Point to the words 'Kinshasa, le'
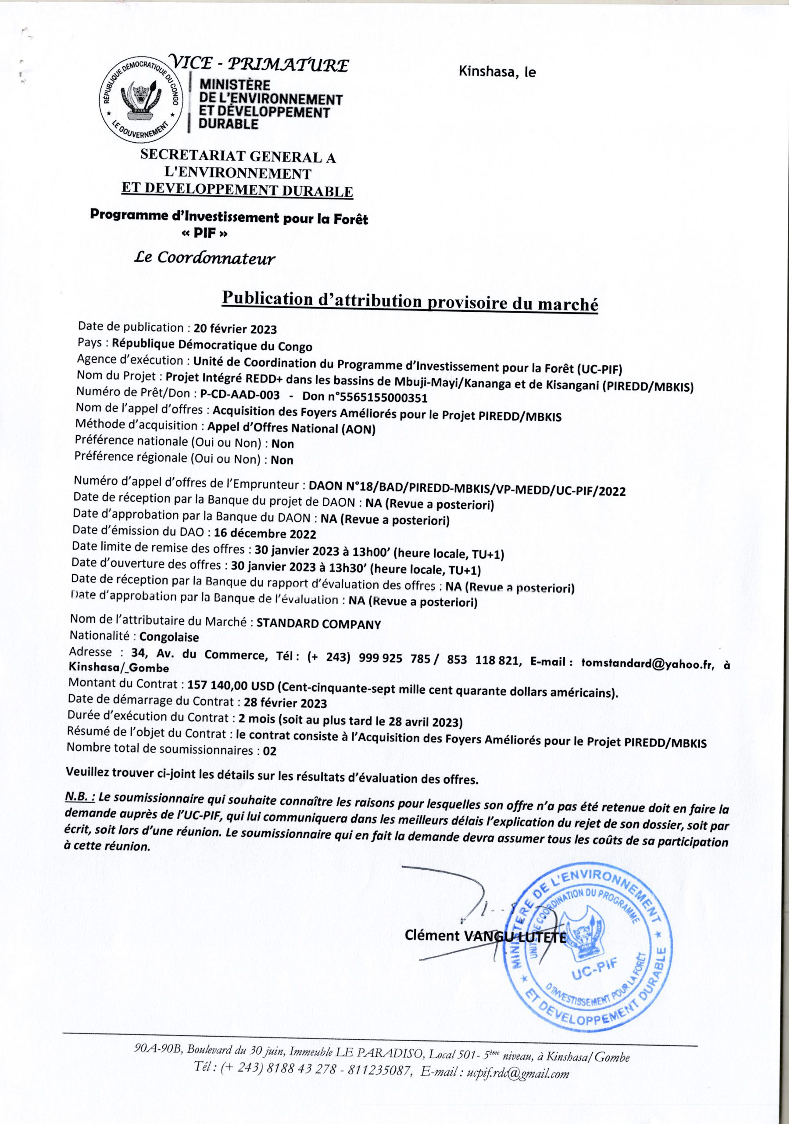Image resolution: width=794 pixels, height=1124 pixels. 497,72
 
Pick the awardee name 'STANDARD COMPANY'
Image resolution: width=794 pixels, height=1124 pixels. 318,624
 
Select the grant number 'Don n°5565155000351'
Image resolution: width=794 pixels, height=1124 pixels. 365,397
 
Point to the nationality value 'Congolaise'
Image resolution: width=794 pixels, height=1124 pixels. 169,638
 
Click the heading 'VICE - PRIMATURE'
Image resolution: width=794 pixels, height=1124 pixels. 259,64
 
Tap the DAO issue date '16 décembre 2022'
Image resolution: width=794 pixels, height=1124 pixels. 265,534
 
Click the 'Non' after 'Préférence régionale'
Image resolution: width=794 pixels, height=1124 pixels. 282,460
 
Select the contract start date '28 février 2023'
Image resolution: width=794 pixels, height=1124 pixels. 285,703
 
